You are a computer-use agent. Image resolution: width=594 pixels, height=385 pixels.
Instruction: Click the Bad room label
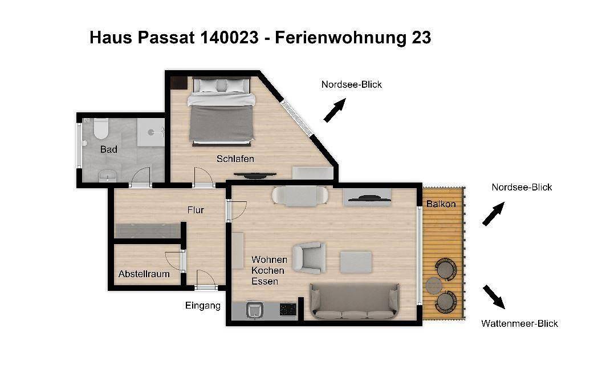[x=108, y=149]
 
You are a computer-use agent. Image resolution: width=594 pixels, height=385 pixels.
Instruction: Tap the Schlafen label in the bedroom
[x=235, y=159]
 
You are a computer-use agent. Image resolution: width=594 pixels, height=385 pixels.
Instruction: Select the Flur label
[x=196, y=210]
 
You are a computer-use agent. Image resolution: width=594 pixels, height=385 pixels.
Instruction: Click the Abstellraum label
[x=144, y=274]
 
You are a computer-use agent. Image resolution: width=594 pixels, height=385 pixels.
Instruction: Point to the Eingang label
[x=202, y=306]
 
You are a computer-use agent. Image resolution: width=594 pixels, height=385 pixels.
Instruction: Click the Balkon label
[x=441, y=204]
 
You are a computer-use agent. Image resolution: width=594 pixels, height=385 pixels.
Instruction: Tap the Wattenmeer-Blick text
[x=519, y=323]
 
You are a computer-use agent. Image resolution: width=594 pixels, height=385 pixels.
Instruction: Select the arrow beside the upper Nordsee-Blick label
[x=335, y=110]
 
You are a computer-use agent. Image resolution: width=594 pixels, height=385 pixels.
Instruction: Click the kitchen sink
[x=254, y=310]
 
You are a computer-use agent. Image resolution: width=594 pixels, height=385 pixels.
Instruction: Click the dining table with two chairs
[x=300, y=196]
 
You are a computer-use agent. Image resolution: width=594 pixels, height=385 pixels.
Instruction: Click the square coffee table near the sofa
[x=356, y=262]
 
